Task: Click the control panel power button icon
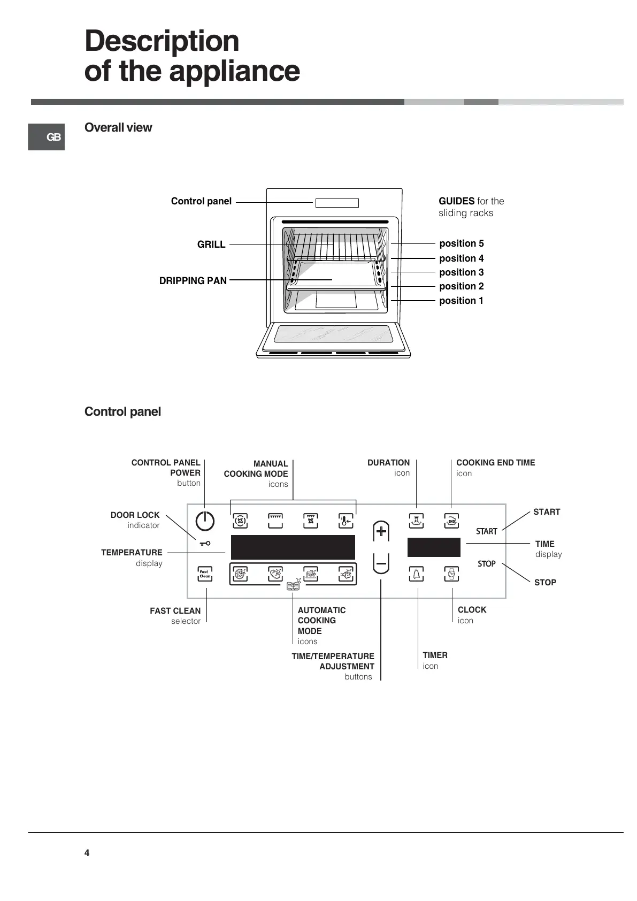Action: click(205, 521)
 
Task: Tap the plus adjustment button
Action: click(381, 531)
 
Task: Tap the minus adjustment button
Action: click(381, 563)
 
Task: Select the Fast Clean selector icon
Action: click(205, 574)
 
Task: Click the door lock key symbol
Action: click(205, 544)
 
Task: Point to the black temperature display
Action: click(293, 547)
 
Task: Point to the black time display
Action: click(434, 547)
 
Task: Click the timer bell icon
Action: click(416, 574)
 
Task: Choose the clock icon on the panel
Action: click(451, 574)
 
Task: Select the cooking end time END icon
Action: click(451, 521)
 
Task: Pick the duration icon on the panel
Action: click(416, 521)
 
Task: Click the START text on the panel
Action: click(487, 531)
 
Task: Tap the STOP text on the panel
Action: click(487, 564)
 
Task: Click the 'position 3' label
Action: click(461, 272)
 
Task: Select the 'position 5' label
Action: click(461, 243)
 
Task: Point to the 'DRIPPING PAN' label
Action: click(193, 281)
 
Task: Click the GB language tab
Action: click(47, 137)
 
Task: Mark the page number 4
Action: click(87, 853)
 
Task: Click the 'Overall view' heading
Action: click(118, 127)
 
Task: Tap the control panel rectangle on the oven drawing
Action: click(337, 203)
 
